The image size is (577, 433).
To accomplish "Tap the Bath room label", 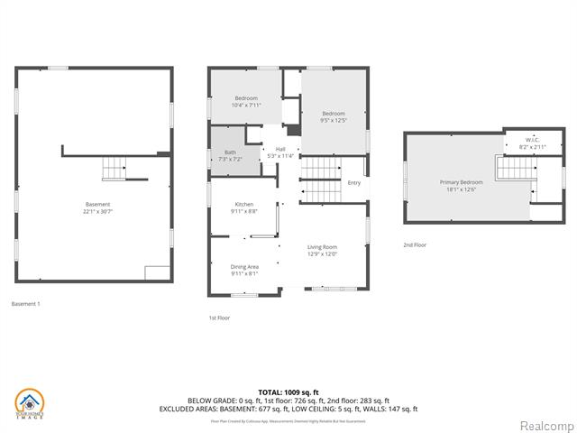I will pos(230,152).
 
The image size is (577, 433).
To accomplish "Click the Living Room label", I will pos(322,246).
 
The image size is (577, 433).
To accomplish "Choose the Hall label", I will pos(280,149).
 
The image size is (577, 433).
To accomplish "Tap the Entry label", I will pos(354,183).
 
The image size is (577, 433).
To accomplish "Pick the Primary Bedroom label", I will pos(457,182).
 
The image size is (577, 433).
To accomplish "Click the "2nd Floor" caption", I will pos(416,245).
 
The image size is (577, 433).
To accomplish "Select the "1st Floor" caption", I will pos(219,318).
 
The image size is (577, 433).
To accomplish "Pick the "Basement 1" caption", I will pos(25,304).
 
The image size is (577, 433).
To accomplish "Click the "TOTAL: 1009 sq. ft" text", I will pos(288,392).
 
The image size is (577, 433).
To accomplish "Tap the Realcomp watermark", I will pos(545,425).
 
